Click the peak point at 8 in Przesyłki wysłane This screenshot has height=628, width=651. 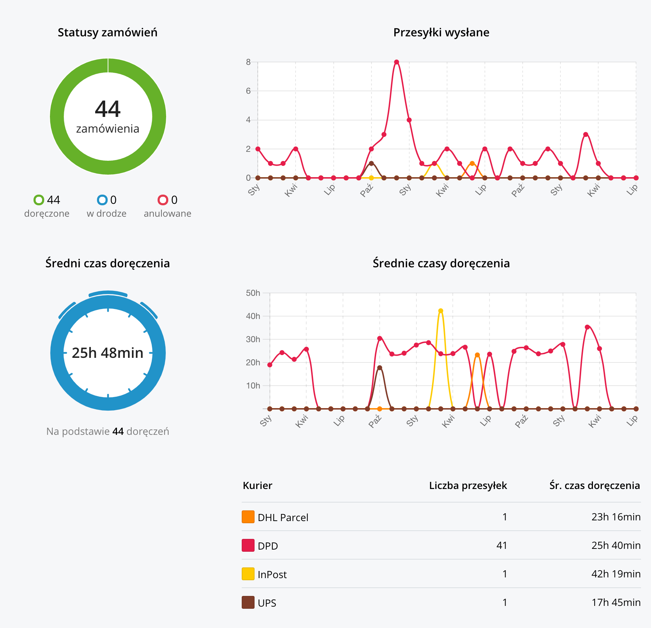click(x=396, y=62)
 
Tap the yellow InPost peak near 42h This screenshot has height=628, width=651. click(x=441, y=311)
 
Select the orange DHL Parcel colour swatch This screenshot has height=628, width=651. click(x=248, y=517)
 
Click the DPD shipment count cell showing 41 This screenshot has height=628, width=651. click(x=501, y=545)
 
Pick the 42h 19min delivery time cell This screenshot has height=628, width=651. click(x=616, y=574)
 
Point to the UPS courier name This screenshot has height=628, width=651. click(x=267, y=603)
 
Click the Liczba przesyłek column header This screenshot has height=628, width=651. click(x=468, y=485)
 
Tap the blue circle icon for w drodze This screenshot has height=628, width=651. click(x=102, y=200)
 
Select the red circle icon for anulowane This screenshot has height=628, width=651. click(x=163, y=200)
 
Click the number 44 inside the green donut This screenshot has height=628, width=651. click(x=108, y=109)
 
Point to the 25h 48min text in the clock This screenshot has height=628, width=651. click(x=108, y=353)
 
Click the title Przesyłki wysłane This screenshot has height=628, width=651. click(x=441, y=32)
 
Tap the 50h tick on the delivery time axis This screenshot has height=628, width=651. click(x=253, y=293)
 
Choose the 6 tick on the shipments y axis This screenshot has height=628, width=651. click(x=248, y=91)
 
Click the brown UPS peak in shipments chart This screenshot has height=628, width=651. click(x=371, y=164)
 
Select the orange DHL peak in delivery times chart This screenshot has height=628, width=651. click(x=477, y=355)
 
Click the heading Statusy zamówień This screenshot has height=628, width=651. click(x=107, y=32)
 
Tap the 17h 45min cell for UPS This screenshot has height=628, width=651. click(x=616, y=602)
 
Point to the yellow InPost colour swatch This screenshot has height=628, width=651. click(x=248, y=574)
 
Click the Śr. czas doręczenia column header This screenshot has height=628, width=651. click(x=594, y=485)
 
